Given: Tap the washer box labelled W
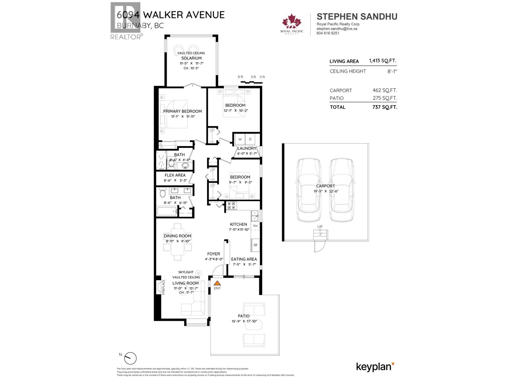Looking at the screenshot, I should coord(240,139).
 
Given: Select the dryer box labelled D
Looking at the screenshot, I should coord(250,139).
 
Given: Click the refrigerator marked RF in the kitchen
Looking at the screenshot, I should coord(255,245).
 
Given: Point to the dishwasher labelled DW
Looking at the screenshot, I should coord(255,226).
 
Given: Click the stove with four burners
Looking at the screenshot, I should coord(231,205).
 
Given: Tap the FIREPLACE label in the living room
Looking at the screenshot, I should coord(163,287).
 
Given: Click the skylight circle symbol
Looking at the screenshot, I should coord(198,273).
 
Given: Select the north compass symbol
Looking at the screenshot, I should coord(131,358).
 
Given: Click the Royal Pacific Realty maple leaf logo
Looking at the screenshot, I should coord(292,23).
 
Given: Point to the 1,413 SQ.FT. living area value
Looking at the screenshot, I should coord(382,61).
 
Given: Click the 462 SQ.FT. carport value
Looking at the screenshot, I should coord(384,90).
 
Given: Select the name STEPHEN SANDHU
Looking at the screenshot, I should coord(357,16).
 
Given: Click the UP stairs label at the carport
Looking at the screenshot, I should coord(320,227).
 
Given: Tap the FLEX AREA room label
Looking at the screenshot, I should coord(175,175).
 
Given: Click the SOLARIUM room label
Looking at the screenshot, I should coord(191,58).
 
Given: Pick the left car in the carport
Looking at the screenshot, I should coord(309,190).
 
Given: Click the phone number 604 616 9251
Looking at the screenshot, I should coord(328,33).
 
